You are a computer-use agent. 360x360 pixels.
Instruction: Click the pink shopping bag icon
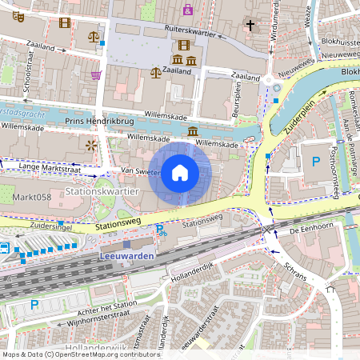(x=188, y=10)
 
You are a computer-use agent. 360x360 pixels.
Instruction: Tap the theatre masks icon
(x=18, y=15)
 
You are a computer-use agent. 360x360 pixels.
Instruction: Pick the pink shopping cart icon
(x=96, y=75)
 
